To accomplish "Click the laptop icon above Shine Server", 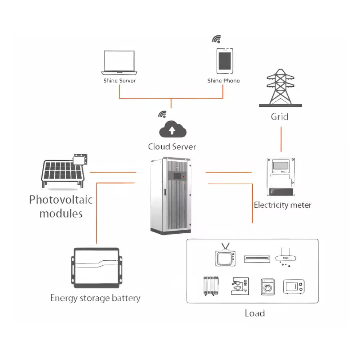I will pos(119,62).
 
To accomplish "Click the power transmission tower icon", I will pos(280,88).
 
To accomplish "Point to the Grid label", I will pos(279,117).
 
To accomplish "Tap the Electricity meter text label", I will pos(283,205).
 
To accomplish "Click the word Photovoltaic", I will pos(61,199).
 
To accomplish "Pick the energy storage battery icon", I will pos(96,267).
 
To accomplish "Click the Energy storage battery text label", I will pos(95,298).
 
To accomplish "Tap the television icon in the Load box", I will pos(225,256).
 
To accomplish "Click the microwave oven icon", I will pos(294,287).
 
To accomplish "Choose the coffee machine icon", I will pos(239,287).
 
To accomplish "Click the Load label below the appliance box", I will pos(255,313).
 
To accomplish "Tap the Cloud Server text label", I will pos(172,147).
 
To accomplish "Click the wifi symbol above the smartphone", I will pos(216,39).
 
